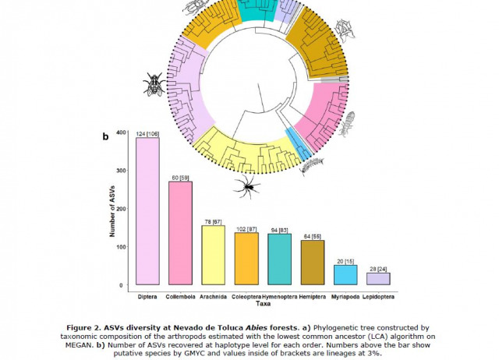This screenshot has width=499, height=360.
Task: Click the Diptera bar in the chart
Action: tap(147, 211)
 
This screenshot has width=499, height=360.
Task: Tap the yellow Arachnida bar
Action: tap(213, 255)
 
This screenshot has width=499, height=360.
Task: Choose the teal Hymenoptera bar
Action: tap(279, 259)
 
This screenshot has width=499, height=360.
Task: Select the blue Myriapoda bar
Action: tap(345, 275)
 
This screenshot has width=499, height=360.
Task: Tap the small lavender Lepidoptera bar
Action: tap(378, 278)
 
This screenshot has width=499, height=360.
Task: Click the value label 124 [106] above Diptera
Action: tap(147, 133)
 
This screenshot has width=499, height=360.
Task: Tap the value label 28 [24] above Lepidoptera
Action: tap(378, 268)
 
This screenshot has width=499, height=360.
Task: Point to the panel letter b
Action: tap(105, 136)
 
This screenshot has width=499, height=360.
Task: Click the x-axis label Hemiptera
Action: tap(312, 298)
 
